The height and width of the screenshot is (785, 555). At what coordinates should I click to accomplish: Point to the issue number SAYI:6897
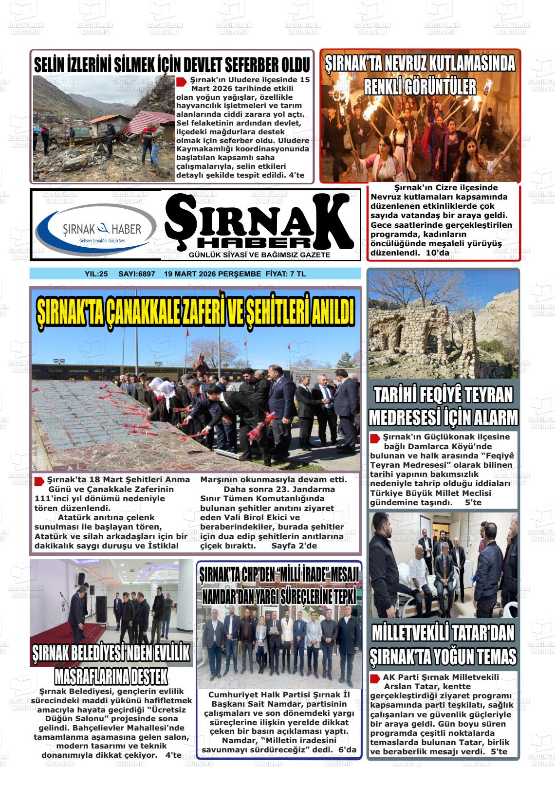137,274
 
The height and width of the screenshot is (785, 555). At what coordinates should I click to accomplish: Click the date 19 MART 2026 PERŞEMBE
212,274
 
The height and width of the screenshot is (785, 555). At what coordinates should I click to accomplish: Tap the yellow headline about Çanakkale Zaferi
196,311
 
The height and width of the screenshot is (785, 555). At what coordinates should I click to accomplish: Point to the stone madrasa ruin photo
443,325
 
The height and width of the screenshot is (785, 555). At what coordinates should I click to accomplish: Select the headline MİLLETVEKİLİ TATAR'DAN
443,634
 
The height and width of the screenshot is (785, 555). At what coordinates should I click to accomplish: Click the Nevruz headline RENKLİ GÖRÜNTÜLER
420,88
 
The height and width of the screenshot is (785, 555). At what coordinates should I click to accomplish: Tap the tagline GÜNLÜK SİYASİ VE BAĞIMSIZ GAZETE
259,255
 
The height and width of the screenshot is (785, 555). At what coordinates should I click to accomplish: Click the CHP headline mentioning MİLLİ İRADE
279,574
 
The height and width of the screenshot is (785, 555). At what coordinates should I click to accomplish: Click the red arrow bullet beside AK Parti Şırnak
375,678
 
